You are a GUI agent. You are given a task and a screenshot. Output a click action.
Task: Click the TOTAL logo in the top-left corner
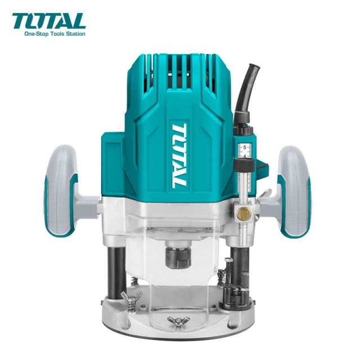[x=49, y=21]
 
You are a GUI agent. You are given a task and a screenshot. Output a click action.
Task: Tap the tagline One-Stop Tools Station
[x=55, y=34]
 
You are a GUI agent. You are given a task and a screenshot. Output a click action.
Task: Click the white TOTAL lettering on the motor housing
[x=179, y=156]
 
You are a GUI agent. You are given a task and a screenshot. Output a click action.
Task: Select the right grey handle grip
[x=295, y=192]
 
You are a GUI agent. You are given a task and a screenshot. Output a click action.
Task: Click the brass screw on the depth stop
[x=244, y=213]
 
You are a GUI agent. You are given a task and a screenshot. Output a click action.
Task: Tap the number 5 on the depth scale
[x=245, y=147]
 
